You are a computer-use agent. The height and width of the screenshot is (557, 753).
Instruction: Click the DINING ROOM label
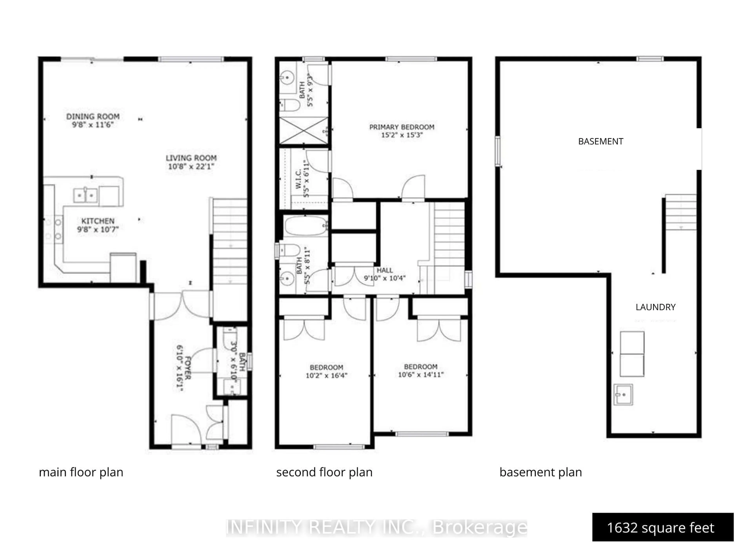[x=93, y=117]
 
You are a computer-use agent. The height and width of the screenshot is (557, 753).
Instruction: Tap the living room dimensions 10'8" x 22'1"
[x=191, y=166]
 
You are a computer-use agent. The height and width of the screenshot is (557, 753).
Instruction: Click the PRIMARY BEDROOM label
[x=401, y=127]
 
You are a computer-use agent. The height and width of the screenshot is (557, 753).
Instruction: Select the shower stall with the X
[x=304, y=131]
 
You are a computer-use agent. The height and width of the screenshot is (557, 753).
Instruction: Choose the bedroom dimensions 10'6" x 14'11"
[x=421, y=375]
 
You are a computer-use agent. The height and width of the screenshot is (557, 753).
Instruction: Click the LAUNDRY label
[x=655, y=307]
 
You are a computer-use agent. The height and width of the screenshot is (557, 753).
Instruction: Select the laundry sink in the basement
[x=623, y=395]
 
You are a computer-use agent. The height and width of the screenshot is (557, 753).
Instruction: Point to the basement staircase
[x=680, y=212]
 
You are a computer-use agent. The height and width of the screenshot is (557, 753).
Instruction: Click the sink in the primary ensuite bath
[x=287, y=78]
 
